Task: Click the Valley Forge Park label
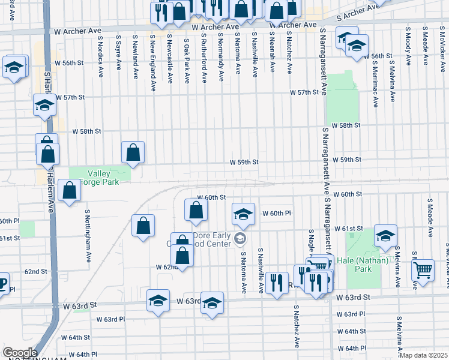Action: pyautogui.click(x=100, y=173)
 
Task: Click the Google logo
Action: pyautogui.click(x=19, y=353)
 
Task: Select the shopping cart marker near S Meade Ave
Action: pyautogui.click(x=423, y=270)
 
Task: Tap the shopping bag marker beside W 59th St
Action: pyautogui.click(x=133, y=153)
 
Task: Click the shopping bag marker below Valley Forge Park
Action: pyautogui.click(x=70, y=190)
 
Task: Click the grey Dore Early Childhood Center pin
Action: pyautogui.click(x=240, y=239)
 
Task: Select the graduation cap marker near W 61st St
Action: pyautogui.click(x=385, y=236)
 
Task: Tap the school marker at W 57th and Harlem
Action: pyautogui.click(x=44, y=105)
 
